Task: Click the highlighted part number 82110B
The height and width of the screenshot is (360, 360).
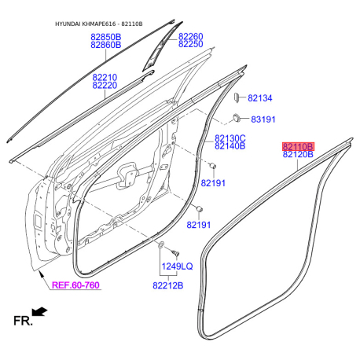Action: pos(298,146)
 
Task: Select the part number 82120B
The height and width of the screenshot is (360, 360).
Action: pos(298,154)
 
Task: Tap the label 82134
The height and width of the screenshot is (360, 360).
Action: pos(260,98)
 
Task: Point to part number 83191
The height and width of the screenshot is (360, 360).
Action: pos(263,119)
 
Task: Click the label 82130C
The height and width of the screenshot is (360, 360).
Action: pos(230,138)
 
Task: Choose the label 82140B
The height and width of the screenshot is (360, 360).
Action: pos(230,146)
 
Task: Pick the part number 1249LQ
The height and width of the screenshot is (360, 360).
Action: pos(177,266)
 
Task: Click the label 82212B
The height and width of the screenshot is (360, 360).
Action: pos(167,285)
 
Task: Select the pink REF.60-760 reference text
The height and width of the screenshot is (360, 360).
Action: pos(75,285)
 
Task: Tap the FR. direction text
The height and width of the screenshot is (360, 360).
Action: pos(23,321)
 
